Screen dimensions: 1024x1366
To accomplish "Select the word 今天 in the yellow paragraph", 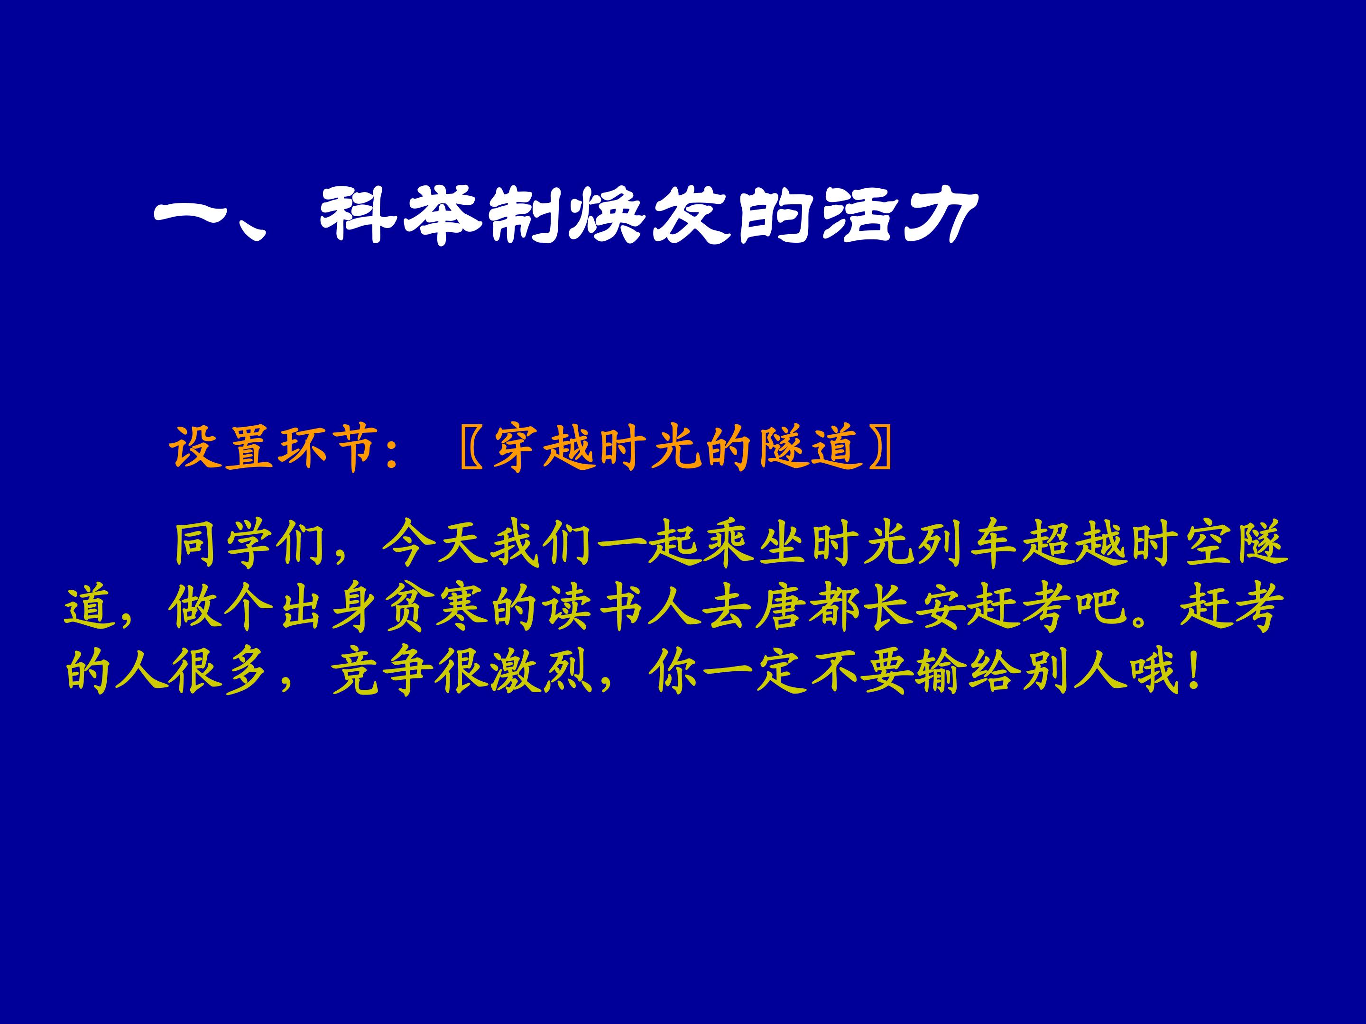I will pyautogui.click(x=435, y=546).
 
